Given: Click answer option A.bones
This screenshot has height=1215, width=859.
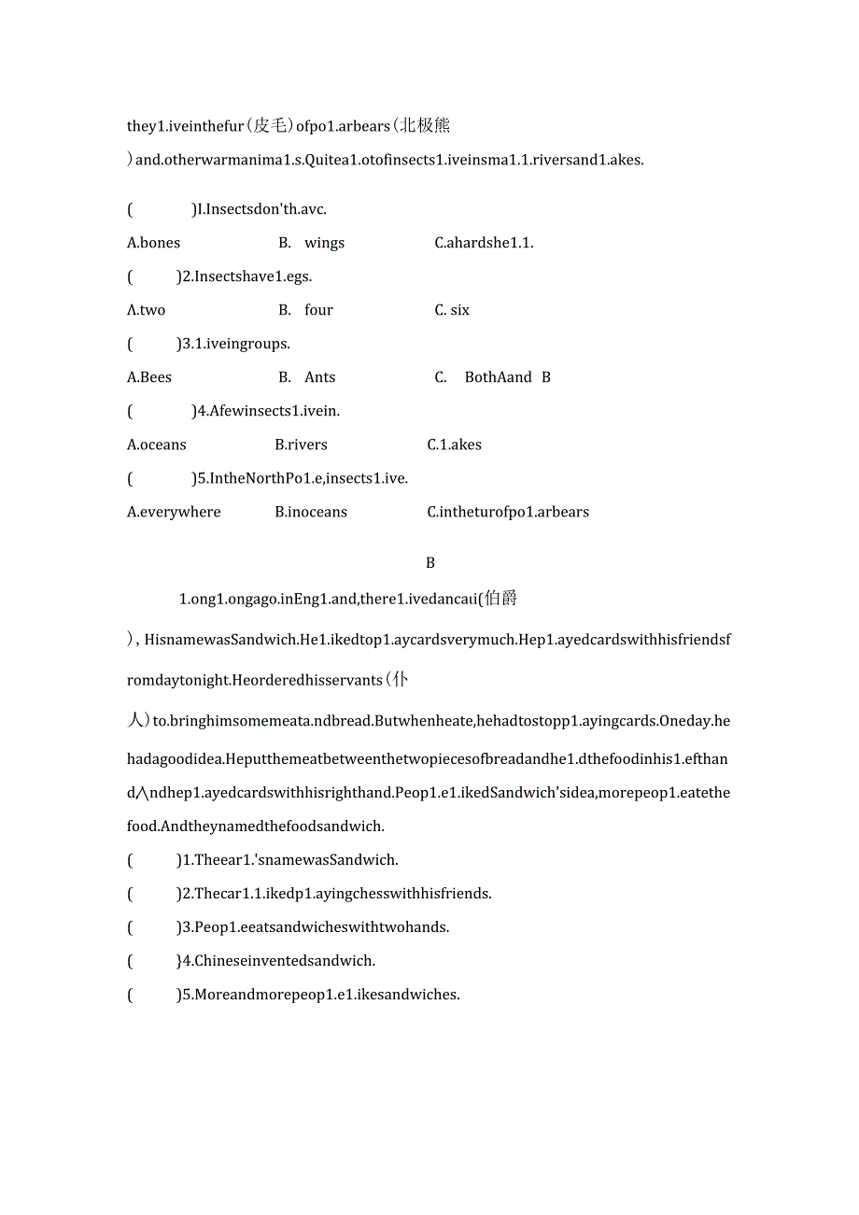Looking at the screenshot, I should click(x=153, y=243).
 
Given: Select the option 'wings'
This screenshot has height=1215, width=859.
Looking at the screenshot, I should click(x=324, y=243).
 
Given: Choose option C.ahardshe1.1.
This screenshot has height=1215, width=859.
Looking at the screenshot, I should click(x=484, y=243).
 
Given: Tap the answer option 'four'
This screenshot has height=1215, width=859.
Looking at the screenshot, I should click(x=318, y=310).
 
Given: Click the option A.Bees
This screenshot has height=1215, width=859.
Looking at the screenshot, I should click(x=149, y=377).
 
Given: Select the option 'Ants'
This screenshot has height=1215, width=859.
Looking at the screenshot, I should click(x=319, y=377).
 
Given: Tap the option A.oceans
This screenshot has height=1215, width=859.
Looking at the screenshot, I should click(x=156, y=445).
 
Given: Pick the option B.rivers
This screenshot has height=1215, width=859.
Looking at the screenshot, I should click(x=301, y=445).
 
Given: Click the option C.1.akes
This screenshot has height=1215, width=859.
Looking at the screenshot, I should click(x=454, y=445).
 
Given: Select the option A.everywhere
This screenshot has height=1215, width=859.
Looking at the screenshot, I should click(x=174, y=512).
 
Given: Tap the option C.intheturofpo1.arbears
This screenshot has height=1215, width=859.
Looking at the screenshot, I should click(x=508, y=512).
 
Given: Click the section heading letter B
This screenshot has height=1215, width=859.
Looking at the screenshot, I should click(x=430, y=563).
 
